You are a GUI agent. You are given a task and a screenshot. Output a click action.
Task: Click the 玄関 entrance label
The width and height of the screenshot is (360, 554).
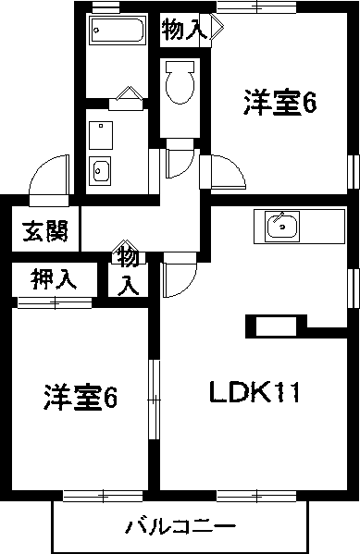(x=43, y=231)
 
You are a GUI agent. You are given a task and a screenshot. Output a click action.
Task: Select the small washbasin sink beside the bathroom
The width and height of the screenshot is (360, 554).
(x=101, y=168)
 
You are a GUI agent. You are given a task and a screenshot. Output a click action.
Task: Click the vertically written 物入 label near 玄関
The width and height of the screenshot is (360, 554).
(x=130, y=269)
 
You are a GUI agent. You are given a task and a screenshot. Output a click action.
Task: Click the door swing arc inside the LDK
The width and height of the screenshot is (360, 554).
(x=180, y=272)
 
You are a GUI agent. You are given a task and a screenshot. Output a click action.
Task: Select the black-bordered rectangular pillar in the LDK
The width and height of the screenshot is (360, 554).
(x=276, y=326)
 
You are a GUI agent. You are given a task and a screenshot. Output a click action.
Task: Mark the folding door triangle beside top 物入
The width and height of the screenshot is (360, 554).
(x=215, y=30)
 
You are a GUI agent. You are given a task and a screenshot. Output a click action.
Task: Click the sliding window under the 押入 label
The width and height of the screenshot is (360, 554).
(x=54, y=302)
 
